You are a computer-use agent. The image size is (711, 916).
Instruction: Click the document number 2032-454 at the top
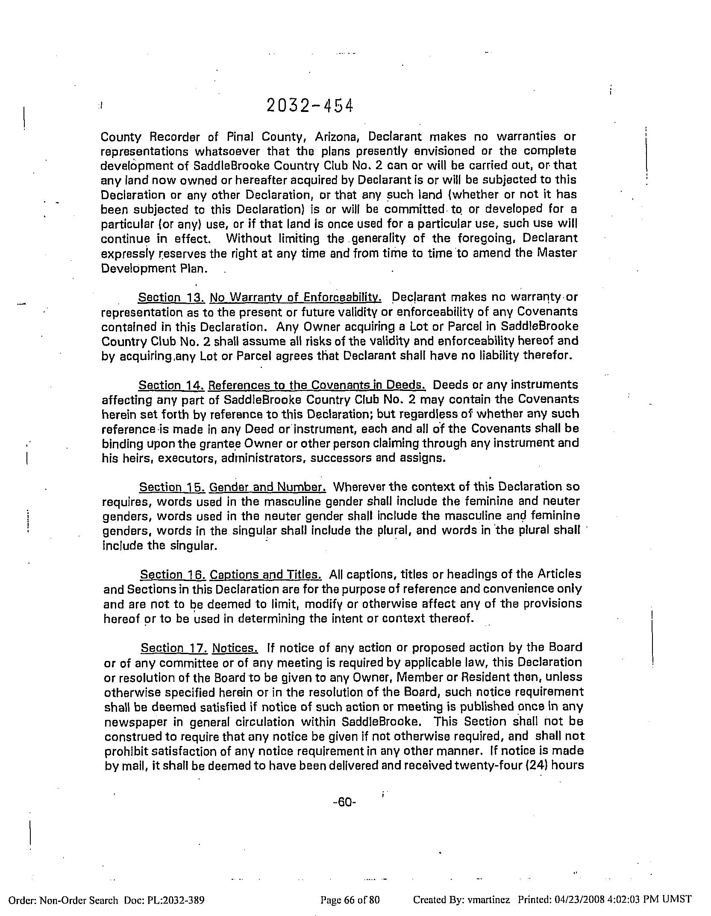click(310, 106)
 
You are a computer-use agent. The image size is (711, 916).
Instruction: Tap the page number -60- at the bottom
click(344, 802)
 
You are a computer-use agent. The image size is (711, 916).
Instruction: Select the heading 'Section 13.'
click(171, 297)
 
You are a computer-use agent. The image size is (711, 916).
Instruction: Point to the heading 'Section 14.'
click(172, 385)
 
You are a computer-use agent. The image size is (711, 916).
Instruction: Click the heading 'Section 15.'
click(173, 487)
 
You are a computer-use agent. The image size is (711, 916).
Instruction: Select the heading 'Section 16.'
click(173, 575)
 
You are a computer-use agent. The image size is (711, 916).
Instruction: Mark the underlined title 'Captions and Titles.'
click(266, 575)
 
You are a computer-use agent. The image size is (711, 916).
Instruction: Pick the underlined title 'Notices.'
click(235, 648)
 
